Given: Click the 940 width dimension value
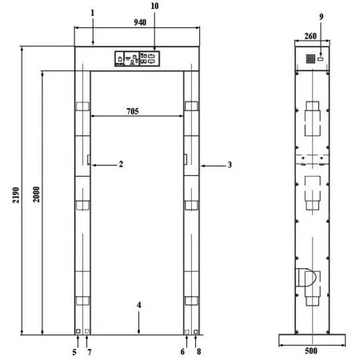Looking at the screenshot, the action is click(140, 22).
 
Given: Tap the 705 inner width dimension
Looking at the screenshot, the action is click(133, 111).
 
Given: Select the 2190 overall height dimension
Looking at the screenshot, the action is click(16, 195).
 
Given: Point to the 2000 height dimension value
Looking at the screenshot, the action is click(36, 194).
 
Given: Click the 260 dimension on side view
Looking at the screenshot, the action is click(310, 36).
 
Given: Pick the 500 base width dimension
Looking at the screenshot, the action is click(311, 350).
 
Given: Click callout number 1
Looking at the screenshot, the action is click(93, 13).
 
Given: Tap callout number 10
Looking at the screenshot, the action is click(154, 6).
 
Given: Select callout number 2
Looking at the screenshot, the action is click(121, 164).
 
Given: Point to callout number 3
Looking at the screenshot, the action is click(230, 165).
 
